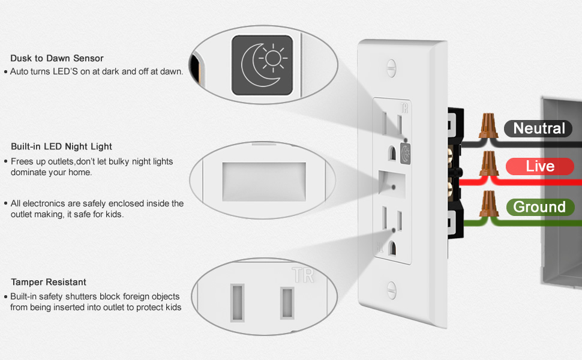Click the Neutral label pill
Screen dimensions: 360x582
[x=538, y=128]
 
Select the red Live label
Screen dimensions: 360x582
[x=540, y=166]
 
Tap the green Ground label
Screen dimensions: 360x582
[x=539, y=207]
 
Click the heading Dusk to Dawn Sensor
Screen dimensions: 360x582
[x=57, y=58]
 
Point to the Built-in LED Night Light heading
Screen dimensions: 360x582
[x=61, y=146]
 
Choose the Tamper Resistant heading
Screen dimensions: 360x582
[x=49, y=282]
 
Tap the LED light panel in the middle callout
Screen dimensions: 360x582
[x=264, y=181]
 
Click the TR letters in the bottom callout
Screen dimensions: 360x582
[x=303, y=275]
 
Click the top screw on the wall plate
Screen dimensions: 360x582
[x=392, y=67]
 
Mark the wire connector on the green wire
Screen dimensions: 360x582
[x=488, y=203]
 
